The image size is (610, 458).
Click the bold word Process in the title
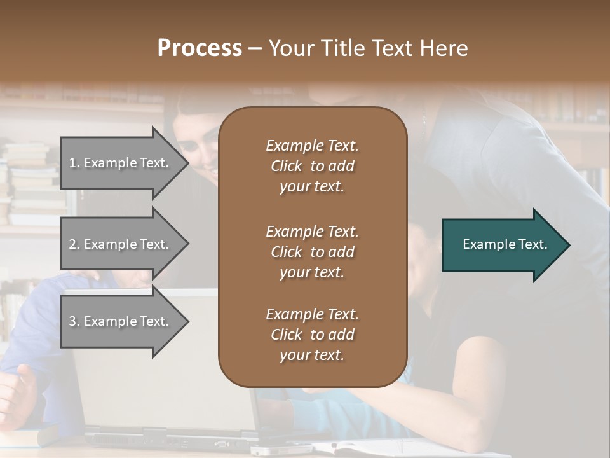tap(200, 48)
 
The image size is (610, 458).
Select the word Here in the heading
tap(442, 48)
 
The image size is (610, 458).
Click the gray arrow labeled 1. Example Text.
tap(121, 163)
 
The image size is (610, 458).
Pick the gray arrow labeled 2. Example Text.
tap(121, 244)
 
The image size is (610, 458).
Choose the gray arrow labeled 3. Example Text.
tap(121, 321)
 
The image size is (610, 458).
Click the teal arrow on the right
tap(502, 245)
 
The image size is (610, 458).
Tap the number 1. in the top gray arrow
tap(74, 163)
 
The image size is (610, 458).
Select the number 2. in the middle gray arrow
tap(74, 244)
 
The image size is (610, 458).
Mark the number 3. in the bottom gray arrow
tap(74, 321)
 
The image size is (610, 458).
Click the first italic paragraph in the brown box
tap(312, 166)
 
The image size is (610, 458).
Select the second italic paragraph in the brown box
tap(312, 252)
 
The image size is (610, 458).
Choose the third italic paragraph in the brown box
tap(312, 335)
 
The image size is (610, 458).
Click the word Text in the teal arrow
tap(533, 244)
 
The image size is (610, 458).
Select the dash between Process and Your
tap(255, 49)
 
